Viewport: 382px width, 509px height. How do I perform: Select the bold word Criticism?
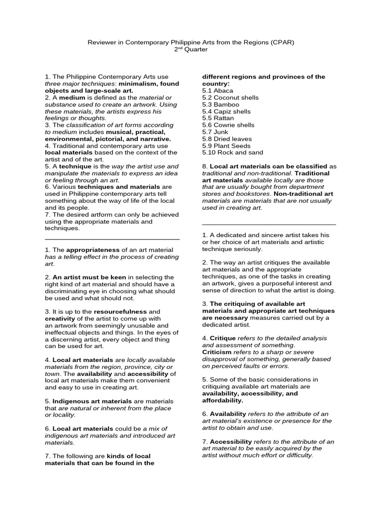[x=217, y=351]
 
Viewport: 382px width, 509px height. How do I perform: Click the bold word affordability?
[x=222, y=400]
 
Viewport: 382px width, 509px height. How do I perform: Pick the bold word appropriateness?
[x=93, y=250]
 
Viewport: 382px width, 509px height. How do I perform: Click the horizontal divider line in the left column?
[x=112, y=239]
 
